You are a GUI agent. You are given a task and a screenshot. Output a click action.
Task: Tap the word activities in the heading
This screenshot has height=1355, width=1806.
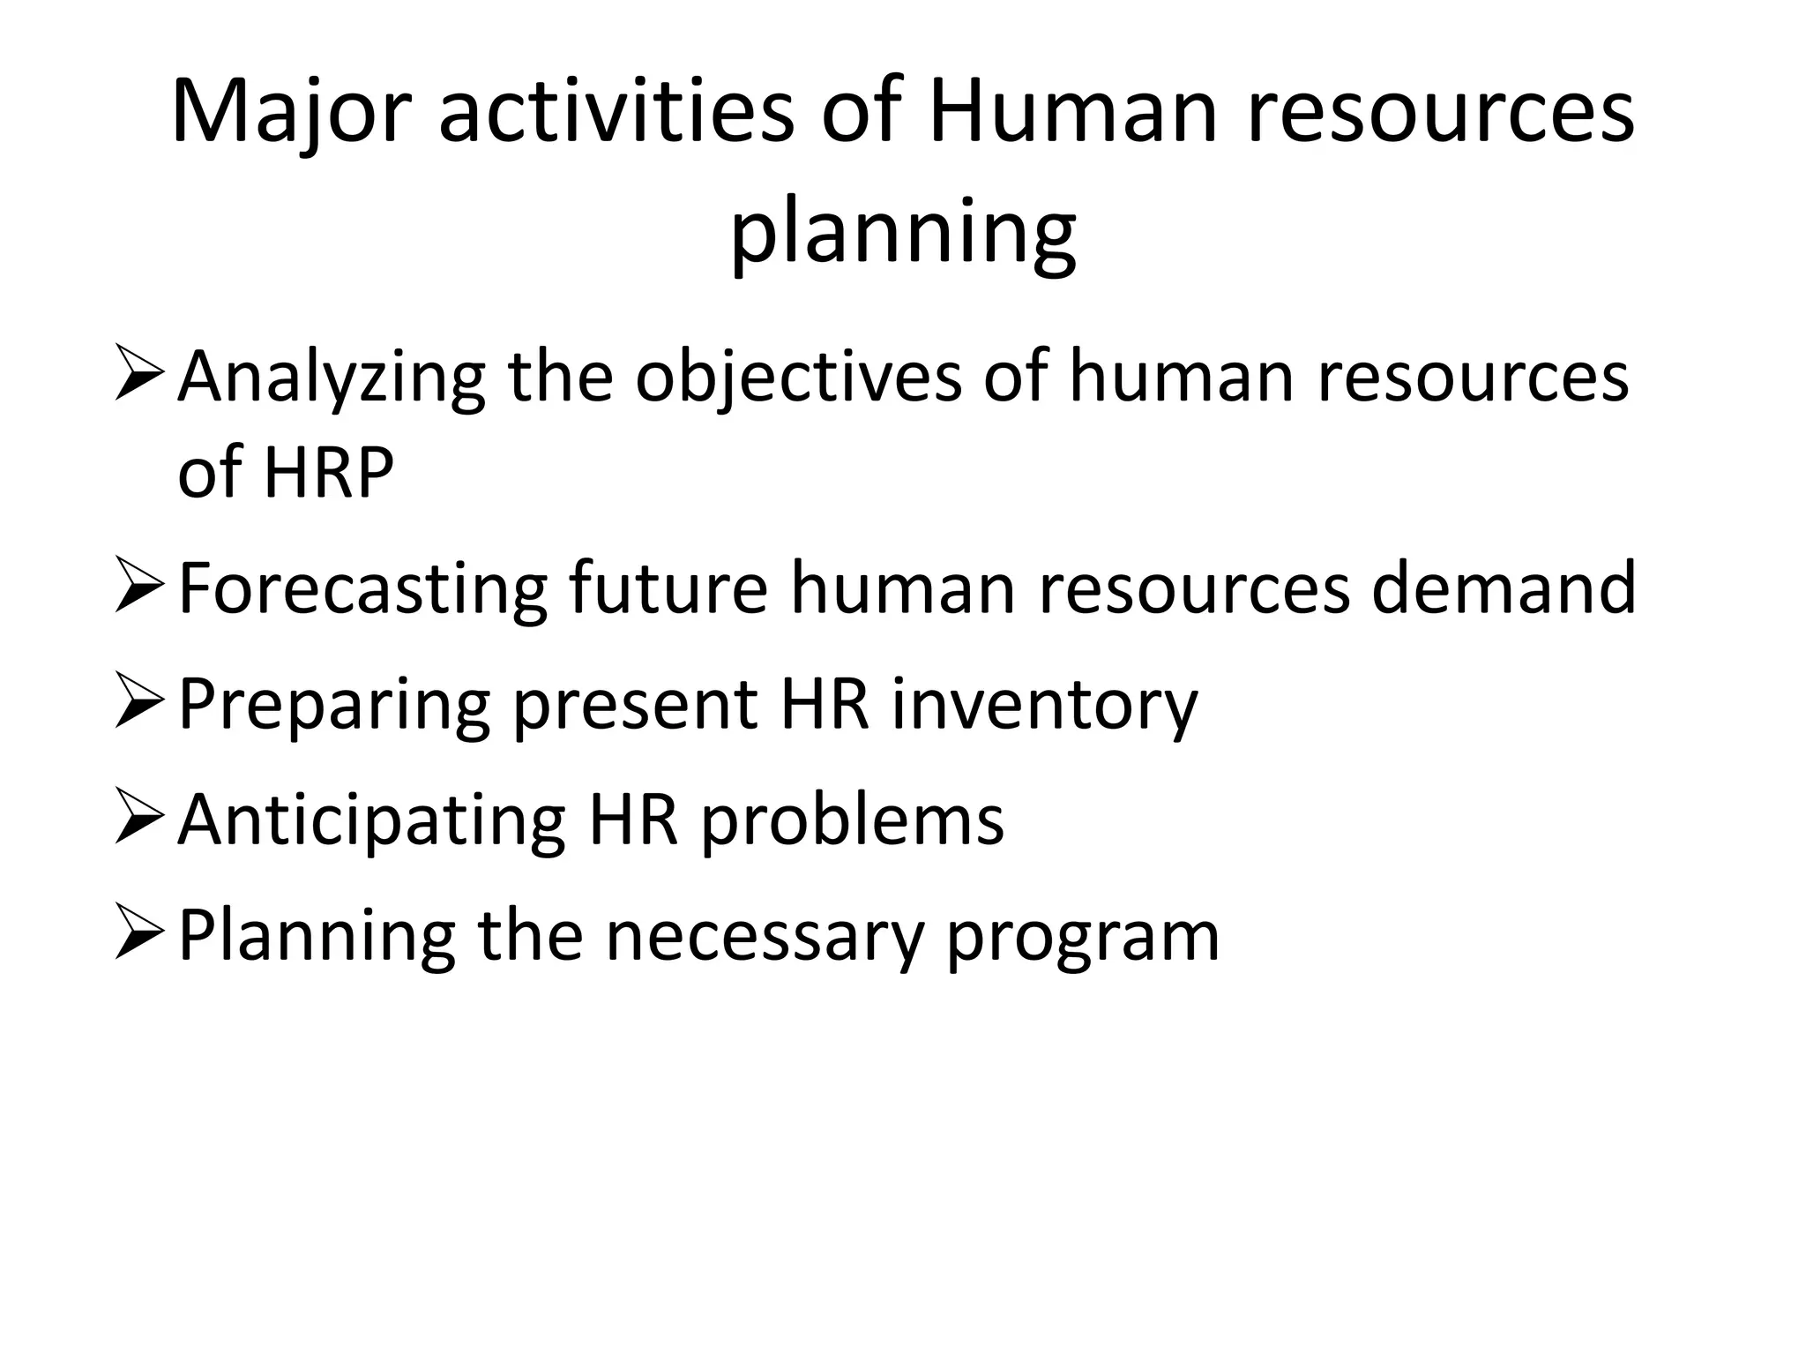(x=616, y=112)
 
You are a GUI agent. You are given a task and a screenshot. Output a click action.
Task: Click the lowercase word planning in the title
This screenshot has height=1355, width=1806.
(x=903, y=231)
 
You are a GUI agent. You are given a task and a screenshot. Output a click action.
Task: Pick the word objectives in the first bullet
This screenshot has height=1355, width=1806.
(x=798, y=378)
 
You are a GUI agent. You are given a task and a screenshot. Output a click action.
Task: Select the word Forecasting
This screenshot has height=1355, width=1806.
(x=362, y=589)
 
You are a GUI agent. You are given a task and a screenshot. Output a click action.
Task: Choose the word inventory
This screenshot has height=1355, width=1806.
(x=1044, y=706)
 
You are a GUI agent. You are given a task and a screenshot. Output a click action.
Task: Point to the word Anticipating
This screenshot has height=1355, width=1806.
(x=371, y=821)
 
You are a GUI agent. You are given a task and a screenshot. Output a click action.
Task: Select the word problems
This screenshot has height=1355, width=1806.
(x=852, y=820)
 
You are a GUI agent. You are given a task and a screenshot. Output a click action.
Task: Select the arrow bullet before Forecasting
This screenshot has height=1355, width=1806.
(x=139, y=587)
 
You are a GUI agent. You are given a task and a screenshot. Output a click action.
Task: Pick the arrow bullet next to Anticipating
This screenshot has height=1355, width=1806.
(x=139, y=818)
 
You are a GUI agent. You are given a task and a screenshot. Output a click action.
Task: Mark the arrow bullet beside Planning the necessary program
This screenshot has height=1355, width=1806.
(x=139, y=934)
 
